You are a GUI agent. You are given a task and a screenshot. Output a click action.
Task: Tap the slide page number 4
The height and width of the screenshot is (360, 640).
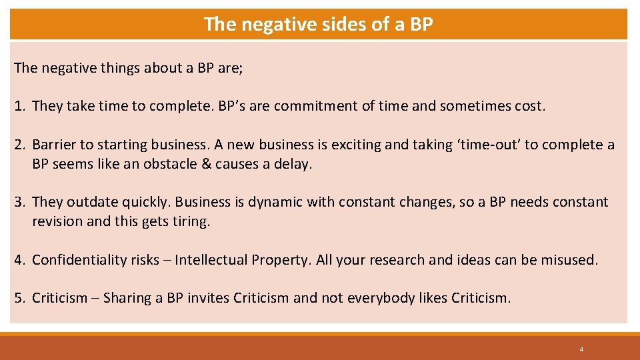(x=581, y=349)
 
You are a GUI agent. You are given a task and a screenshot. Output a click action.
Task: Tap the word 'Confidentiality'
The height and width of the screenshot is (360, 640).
(x=79, y=260)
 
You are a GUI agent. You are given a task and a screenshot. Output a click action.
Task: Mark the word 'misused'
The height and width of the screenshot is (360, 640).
(x=570, y=260)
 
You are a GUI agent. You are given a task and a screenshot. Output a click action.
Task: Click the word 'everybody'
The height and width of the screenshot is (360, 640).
(x=379, y=298)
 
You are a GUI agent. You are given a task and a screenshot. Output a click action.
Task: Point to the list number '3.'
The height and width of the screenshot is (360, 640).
(x=21, y=202)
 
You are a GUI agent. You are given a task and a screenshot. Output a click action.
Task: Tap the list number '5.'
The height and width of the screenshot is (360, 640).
(x=21, y=298)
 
